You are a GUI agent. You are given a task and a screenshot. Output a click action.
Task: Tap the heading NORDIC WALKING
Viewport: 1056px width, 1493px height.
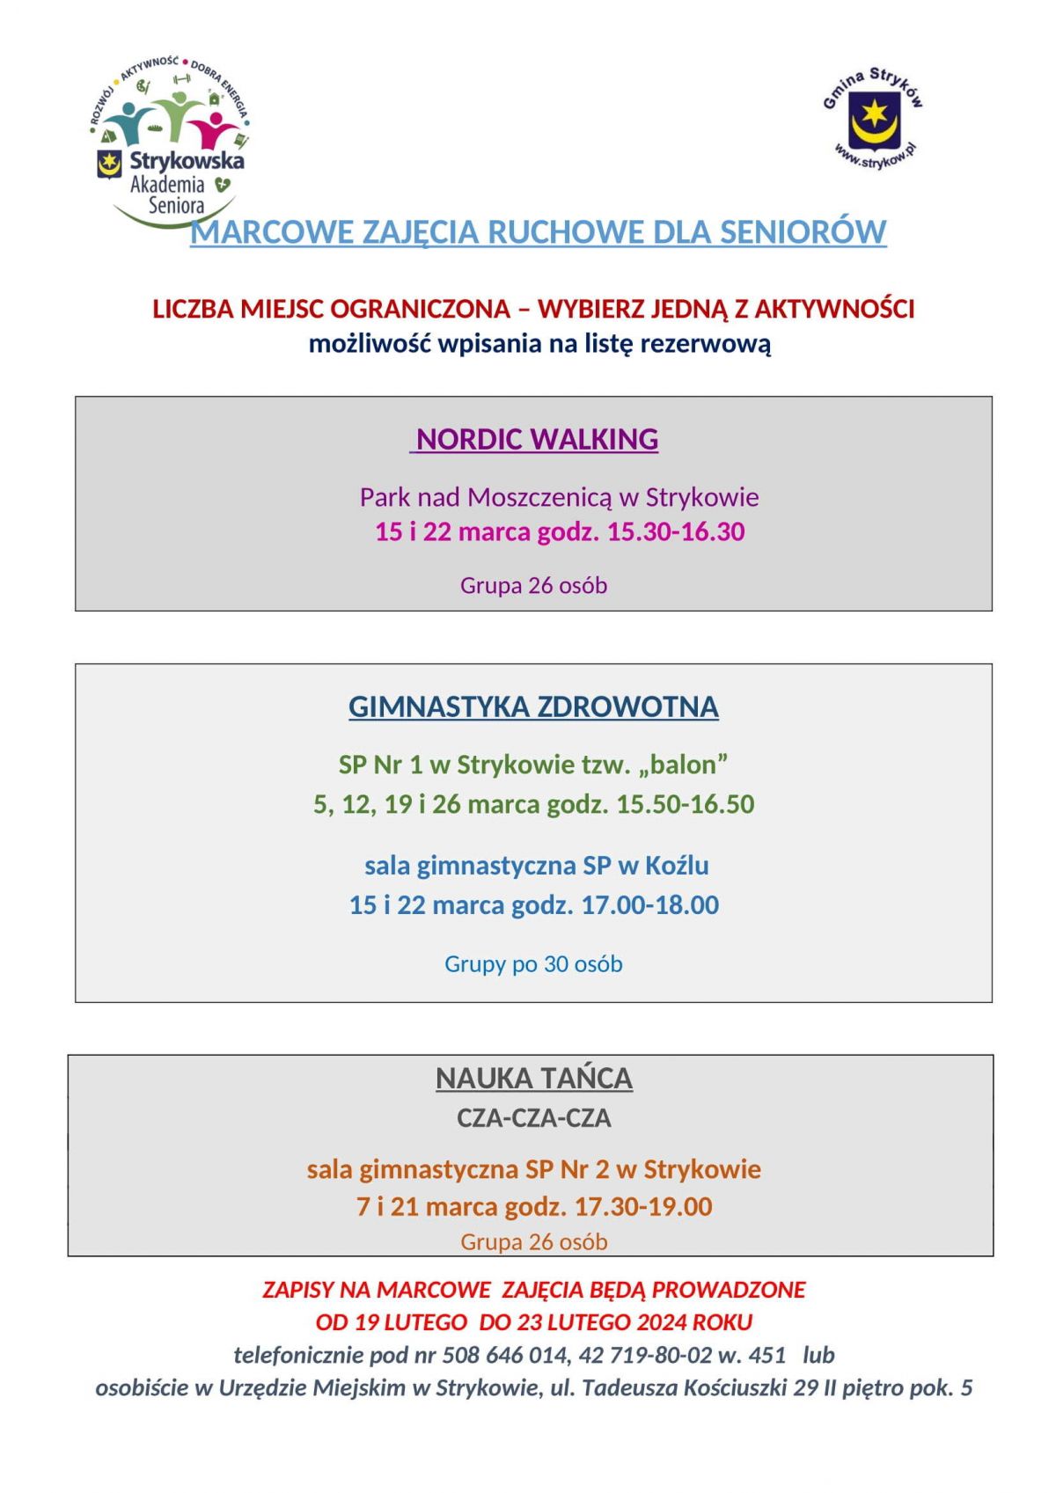pyautogui.click(x=537, y=439)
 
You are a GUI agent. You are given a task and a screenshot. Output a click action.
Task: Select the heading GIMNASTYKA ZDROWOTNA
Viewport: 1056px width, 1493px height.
pyautogui.click(x=533, y=706)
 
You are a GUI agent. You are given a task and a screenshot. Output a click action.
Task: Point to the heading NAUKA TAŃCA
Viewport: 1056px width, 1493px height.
pyautogui.click(x=533, y=1078)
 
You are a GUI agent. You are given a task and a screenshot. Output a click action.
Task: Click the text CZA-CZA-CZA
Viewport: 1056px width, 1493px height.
pyautogui.click(x=533, y=1118)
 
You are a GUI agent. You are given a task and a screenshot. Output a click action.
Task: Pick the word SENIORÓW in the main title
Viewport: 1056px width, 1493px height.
pyautogui.click(x=803, y=232)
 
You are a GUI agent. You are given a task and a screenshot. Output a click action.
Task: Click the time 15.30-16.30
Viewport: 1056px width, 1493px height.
pyautogui.click(x=676, y=532)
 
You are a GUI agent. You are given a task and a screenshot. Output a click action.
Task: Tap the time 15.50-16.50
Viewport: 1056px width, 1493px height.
pyautogui.click(x=685, y=804)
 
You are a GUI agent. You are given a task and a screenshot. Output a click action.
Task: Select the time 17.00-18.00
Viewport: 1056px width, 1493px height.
pyautogui.click(x=649, y=905)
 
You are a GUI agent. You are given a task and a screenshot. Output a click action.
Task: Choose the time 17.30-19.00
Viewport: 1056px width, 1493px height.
pyautogui.click(x=642, y=1206)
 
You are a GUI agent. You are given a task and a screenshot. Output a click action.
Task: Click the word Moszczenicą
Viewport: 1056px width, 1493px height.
pyautogui.click(x=539, y=498)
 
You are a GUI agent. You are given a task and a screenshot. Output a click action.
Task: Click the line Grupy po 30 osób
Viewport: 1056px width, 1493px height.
pyautogui.click(x=533, y=964)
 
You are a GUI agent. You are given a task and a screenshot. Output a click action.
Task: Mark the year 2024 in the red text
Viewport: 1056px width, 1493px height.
pyautogui.click(x=662, y=1322)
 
